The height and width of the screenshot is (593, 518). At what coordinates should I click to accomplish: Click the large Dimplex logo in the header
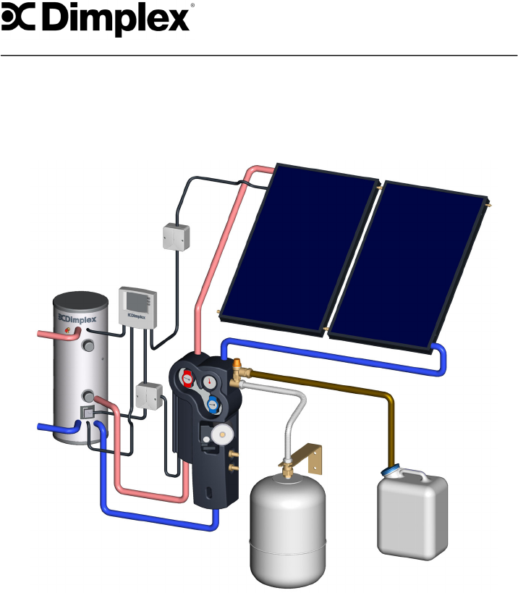[x=97, y=19]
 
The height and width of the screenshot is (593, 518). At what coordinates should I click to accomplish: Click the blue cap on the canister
[x=391, y=471]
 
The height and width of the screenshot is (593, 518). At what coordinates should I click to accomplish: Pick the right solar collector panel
[x=409, y=262]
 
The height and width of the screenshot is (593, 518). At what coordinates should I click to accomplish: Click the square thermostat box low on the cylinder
[x=86, y=413]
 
